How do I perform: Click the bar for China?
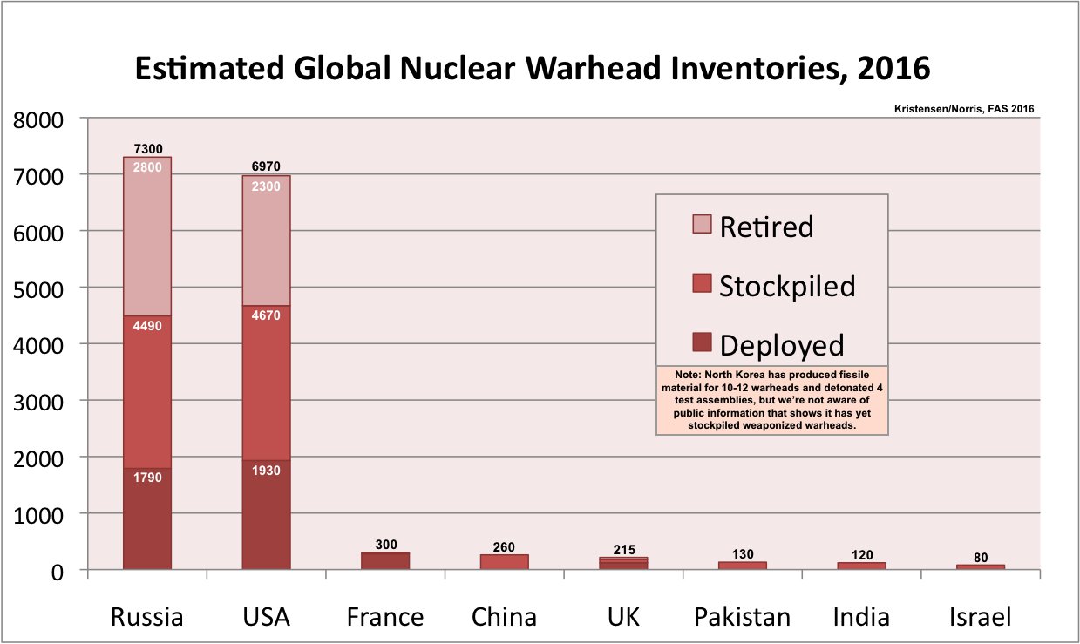[x=504, y=562]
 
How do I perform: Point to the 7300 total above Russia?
[x=147, y=149]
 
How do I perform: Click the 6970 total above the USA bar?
[x=266, y=167]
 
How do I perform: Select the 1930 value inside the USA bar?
[x=266, y=470]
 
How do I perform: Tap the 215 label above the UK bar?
[x=623, y=549]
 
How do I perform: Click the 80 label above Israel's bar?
[x=981, y=558]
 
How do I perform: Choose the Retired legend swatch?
[x=702, y=224]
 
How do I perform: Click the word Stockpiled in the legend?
[x=787, y=286]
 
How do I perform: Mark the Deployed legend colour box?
[x=702, y=342]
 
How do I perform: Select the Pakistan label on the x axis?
[x=743, y=618]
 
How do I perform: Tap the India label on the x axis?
[x=861, y=618]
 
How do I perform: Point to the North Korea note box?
[x=771, y=400]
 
